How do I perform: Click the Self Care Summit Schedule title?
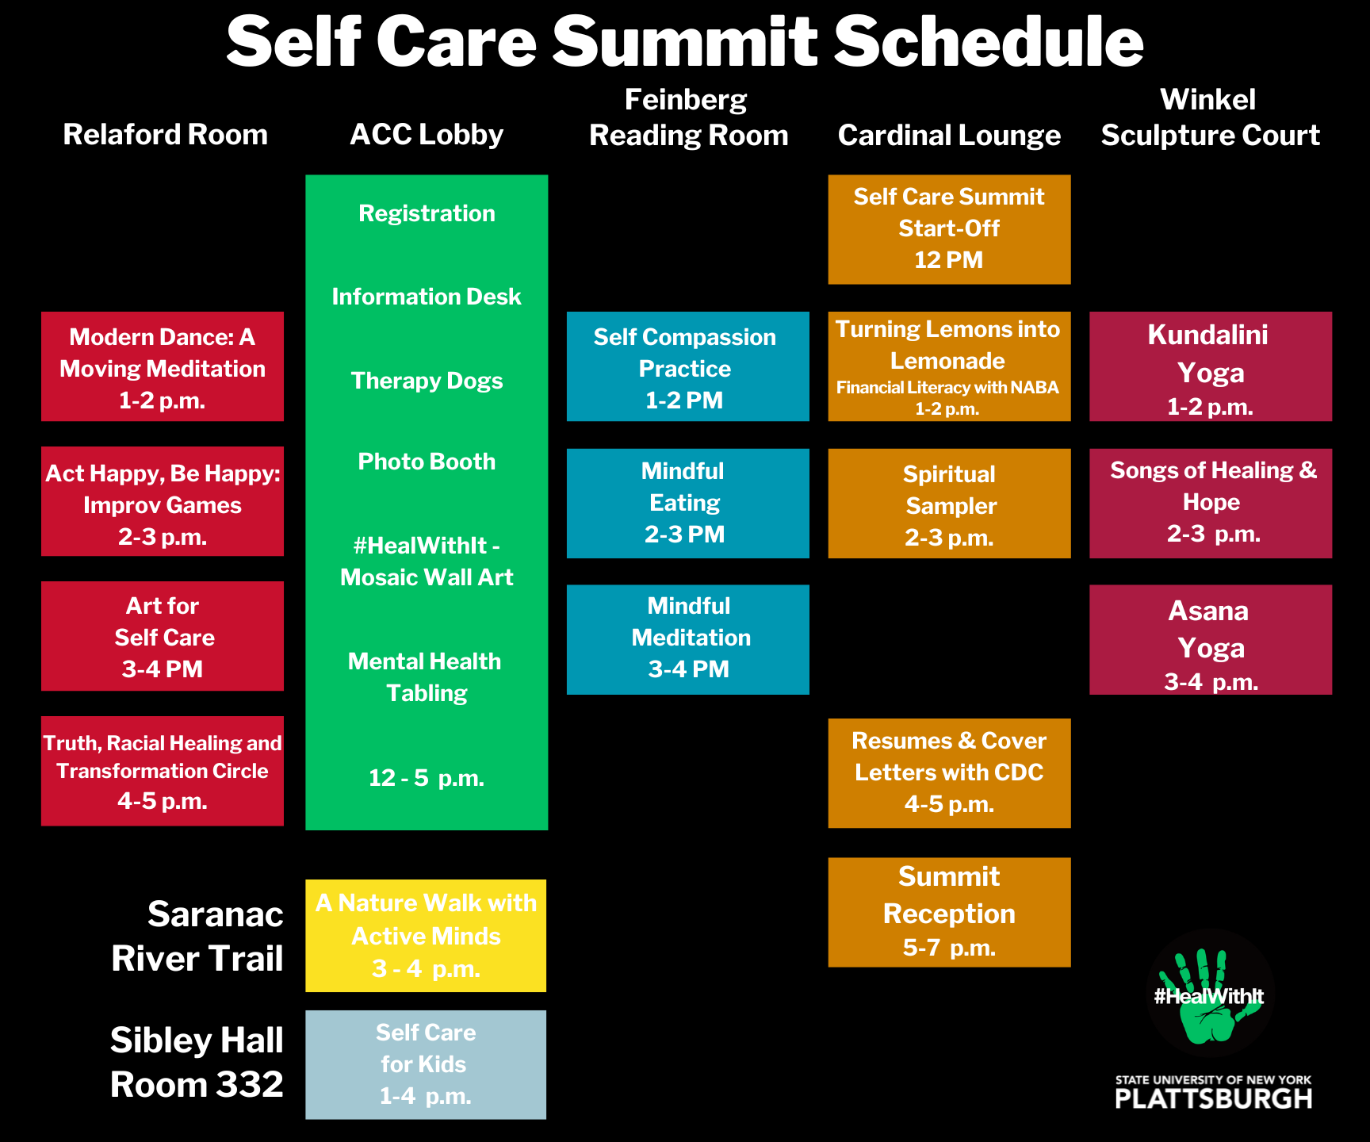(685, 41)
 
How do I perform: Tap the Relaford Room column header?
(165, 135)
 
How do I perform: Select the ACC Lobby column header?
(427, 135)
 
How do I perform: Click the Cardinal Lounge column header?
(949, 136)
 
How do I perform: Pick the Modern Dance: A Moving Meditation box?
(163, 366)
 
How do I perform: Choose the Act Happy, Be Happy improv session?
(163, 502)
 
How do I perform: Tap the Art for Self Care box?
(163, 636)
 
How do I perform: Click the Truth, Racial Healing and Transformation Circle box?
(163, 771)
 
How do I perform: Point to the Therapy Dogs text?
(427, 381)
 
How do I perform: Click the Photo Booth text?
(427, 462)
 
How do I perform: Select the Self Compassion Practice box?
(688, 366)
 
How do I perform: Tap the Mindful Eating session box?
(688, 504)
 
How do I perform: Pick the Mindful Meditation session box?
(688, 640)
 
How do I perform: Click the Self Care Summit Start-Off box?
(949, 229)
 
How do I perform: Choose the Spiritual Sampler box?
(949, 504)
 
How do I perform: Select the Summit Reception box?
(949, 912)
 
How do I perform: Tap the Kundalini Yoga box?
(1211, 366)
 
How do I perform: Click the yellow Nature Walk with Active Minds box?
(426, 936)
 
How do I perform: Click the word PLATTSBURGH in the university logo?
(1213, 1098)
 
